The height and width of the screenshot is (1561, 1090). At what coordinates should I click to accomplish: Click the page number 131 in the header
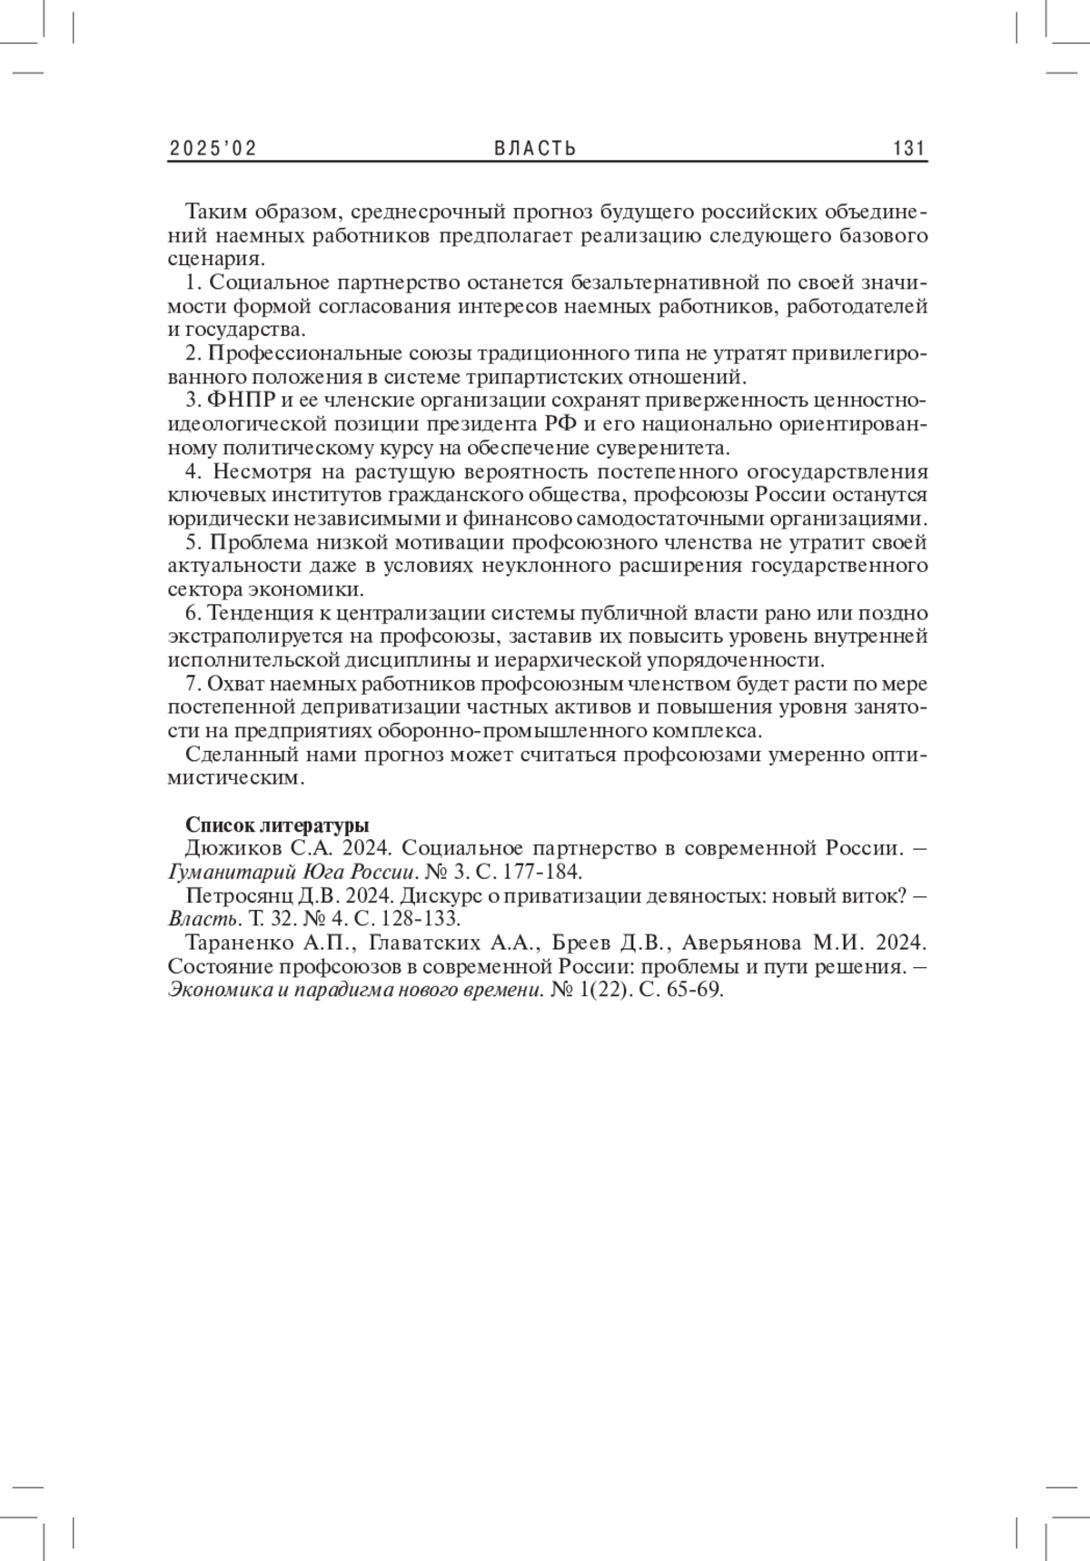pyautogui.click(x=908, y=148)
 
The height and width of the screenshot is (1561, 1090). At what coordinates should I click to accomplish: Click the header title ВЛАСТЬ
pyautogui.click(x=536, y=148)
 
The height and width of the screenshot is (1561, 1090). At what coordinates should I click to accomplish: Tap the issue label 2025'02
pyautogui.click(x=213, y=148)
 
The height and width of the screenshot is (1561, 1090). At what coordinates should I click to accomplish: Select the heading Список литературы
pyautogui.click(x=277, y=825)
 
